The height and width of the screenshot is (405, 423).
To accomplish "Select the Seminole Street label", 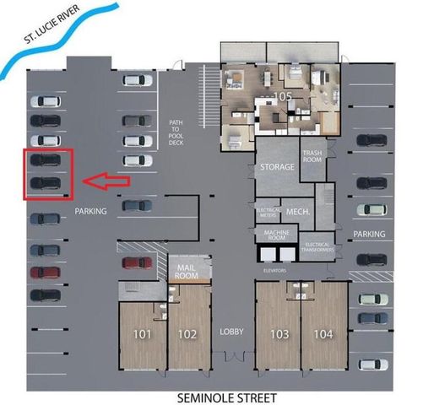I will click(x=226, y=396).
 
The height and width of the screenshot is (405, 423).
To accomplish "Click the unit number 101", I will click(x=142, y=333).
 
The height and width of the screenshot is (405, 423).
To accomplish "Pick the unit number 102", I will click(x=187, y=333).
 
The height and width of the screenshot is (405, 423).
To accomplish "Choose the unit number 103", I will click(x=279, y=333).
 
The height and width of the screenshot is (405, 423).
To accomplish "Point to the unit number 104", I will click(x=323, y=333).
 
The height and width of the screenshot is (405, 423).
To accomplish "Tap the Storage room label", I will click(x=276, y=167).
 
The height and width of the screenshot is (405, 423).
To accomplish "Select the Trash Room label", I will click(x=312, y=156).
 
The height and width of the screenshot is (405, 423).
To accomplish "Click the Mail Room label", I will click(x=187, y=271).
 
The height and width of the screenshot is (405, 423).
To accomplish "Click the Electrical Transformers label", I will click(x=320, y=247).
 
